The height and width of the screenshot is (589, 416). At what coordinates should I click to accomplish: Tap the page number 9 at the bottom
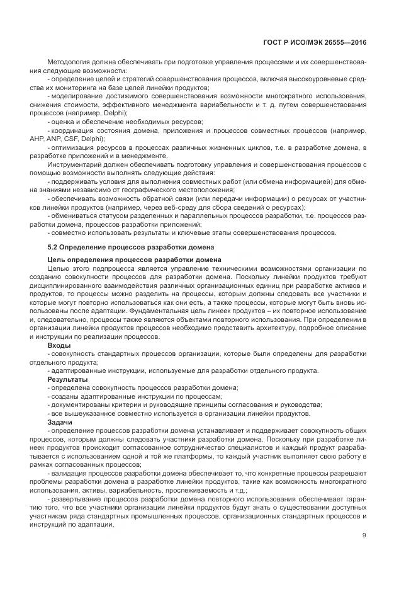pos(364,535)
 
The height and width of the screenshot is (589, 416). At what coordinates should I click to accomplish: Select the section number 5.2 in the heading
pos(53,246)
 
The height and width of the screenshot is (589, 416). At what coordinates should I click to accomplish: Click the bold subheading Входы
pos(59,345)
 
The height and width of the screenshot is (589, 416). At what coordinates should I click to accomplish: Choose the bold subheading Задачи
pos(60,421)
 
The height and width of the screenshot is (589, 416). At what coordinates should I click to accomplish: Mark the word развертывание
pos(76,498)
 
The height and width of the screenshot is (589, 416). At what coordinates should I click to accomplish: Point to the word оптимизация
pos(74,147)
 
